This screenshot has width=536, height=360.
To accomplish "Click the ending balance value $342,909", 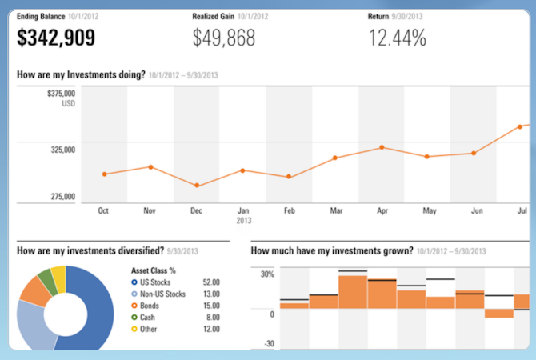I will coord(56,37).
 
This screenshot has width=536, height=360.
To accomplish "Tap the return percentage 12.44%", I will coord(397,37).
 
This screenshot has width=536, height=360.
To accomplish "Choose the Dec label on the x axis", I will coord(196,211).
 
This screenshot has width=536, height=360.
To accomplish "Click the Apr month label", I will coord(382,211).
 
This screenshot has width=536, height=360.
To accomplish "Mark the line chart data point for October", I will coord(105,174).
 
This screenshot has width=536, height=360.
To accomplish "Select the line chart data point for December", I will coord(197,186).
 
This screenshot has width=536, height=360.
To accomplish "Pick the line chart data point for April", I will coord(382,147).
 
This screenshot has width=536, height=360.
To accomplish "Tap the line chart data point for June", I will coord(474,153).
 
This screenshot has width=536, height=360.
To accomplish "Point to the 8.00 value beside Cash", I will coord(211,317).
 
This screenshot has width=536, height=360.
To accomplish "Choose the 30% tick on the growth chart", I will coord(266,274).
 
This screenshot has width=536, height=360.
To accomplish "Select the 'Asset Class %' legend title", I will coord(153,270).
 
